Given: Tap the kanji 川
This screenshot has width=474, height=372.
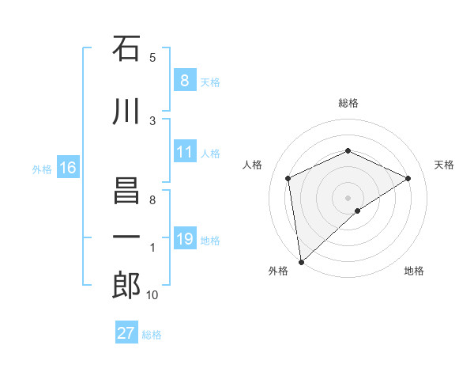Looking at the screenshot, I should (126, 112).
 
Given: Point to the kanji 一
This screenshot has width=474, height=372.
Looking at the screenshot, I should (126, 237).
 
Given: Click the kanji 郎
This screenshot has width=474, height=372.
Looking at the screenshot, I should (126, 286).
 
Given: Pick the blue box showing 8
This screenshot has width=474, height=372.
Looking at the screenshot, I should (184, 81).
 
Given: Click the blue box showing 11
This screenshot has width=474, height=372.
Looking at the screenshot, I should (184, 152).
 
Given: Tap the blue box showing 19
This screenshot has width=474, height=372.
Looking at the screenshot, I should (184, 239).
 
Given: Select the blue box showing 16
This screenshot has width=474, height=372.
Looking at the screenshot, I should (68, 168).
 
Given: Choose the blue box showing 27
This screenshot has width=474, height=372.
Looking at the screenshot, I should (126, 333).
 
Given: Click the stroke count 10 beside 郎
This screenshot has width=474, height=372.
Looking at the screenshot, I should (152, 295).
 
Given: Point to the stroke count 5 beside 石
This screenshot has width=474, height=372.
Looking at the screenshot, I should (152, 58).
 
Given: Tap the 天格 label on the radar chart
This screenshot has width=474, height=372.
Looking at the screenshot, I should (444, 165).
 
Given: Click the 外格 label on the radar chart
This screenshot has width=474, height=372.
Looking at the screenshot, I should (277, 271).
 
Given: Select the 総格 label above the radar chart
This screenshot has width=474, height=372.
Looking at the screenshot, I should (348, 103).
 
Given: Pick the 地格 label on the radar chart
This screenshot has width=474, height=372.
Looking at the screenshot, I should (414, 271).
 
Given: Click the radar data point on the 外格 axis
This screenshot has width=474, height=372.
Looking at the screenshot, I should (300, 262).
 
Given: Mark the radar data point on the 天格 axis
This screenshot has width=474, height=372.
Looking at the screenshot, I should (408, 178).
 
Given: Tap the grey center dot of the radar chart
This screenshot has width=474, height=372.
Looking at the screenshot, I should (348, 197).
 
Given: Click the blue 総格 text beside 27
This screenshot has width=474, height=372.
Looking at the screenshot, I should (152, 335).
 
